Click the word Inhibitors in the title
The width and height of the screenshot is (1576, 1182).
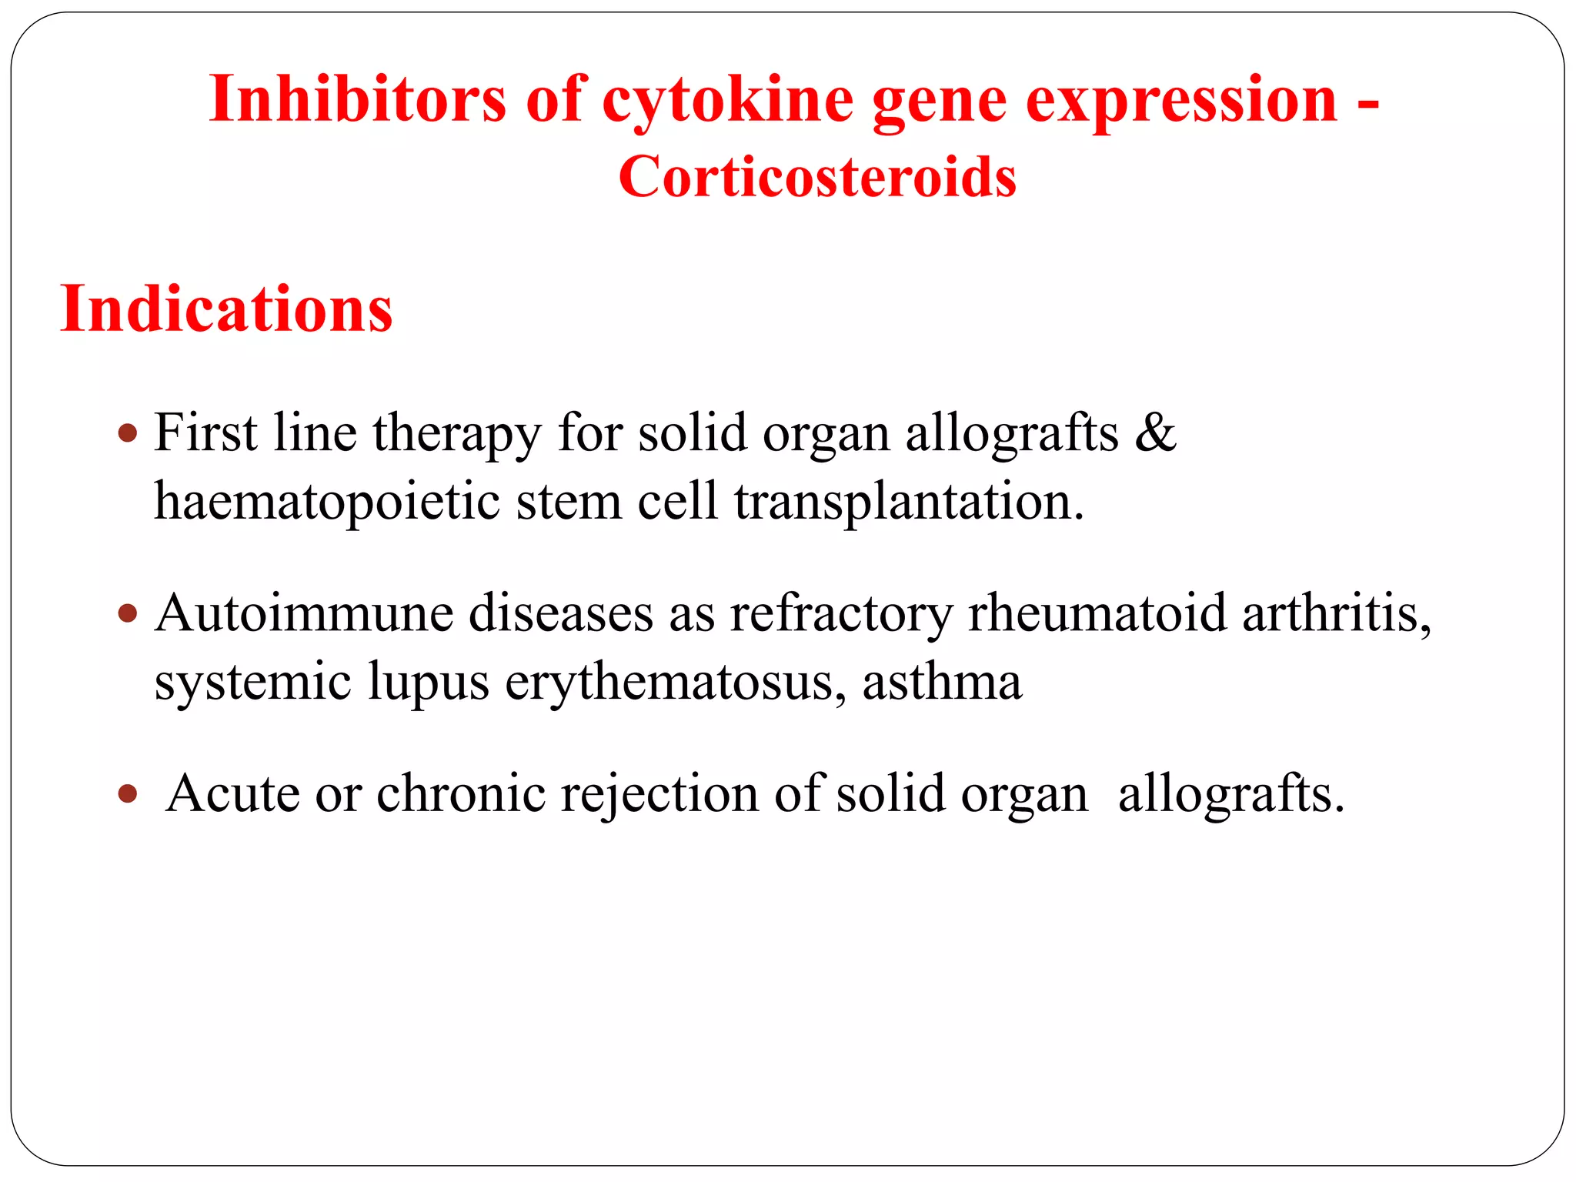357,100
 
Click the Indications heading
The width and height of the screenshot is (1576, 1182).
226,309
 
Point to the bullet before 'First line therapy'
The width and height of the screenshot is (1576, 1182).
128,432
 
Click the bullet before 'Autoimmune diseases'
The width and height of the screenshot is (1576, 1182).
128,614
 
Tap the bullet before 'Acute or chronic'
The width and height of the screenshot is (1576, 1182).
128,793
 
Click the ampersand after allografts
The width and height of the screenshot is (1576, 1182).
1155,432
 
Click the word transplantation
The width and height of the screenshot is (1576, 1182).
908,502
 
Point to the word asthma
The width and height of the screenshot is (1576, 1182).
942,682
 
